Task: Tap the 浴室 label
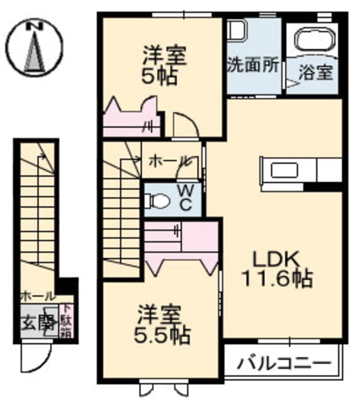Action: pos(315,73)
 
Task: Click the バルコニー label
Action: pos(284,364)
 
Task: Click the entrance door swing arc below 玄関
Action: pos(36,357)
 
